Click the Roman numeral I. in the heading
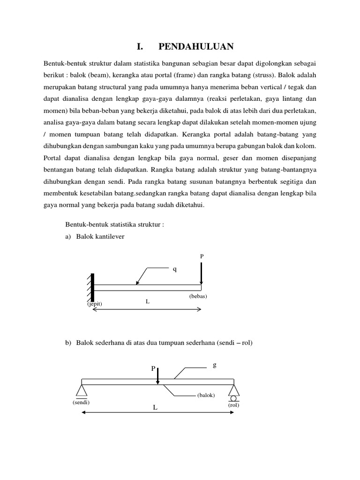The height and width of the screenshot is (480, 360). [x=139, y=46]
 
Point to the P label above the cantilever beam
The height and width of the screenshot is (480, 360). [x=202, y=256]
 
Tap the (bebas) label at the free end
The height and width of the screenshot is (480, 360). [x=198, y=296]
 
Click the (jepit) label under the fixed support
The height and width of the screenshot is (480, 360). [x=94, y=304]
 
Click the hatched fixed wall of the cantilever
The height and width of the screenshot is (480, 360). [x=91, y=287]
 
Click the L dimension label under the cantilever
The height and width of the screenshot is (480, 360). [x=147, y=301]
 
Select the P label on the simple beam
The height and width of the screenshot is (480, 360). [x=153, y=369]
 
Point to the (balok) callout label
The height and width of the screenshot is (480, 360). [x=206, y=395]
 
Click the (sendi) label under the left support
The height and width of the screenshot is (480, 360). [x=81, y=402]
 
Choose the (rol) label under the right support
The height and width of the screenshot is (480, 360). [x=233, y=405]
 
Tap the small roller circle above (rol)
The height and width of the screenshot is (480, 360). [x=233, y=399]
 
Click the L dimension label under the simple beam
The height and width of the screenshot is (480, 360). [x=155, y=408]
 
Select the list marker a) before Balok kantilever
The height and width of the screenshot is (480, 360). [x=68, y=237]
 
